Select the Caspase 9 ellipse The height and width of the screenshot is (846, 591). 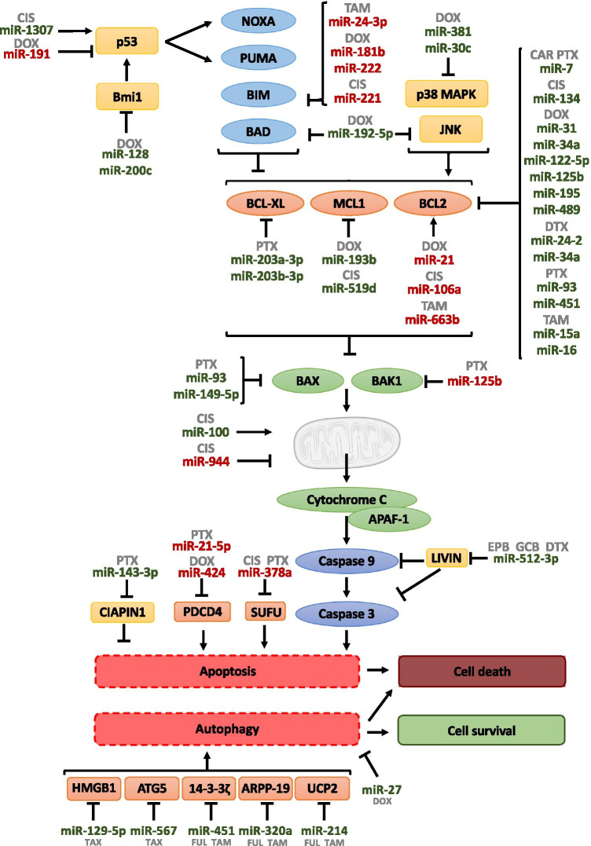click(x=343, y=559)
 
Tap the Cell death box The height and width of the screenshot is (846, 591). click(x=482, y=671)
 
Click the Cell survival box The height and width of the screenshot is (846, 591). click(x=482, y=730)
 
